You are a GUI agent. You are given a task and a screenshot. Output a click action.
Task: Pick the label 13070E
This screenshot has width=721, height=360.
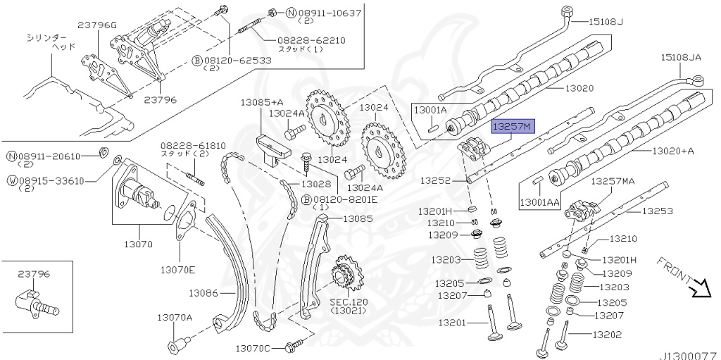177,269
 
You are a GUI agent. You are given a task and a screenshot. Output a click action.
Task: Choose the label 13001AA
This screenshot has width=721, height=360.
539,203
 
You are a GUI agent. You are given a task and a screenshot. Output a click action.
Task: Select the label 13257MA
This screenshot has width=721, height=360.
612,181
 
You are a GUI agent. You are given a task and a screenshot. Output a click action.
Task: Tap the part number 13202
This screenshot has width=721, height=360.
608,335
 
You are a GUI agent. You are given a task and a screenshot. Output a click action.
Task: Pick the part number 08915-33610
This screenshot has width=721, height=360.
52,180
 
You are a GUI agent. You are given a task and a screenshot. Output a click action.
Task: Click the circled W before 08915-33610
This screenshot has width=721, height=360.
12,180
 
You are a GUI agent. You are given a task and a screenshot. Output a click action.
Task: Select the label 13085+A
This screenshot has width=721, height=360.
262,102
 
